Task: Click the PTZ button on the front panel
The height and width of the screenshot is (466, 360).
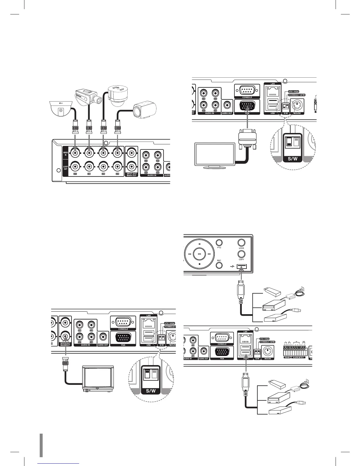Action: (x=219, y=243)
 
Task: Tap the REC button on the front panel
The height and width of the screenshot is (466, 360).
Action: (x=219, y=265)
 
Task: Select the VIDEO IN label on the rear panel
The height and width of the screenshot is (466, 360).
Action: (x=66, y=153)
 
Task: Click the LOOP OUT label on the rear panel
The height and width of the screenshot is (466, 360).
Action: (x=66, y=168)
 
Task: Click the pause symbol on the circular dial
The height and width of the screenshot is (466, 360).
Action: (x=199, y=244)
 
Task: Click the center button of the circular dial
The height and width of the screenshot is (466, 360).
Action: (x=199, y=254)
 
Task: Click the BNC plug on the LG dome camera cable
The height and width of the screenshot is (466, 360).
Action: (x=75, y=126)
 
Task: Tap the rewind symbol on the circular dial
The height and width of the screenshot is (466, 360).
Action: (x=190, y=254)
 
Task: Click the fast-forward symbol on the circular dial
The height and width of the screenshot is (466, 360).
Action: (x=209, y=254)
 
